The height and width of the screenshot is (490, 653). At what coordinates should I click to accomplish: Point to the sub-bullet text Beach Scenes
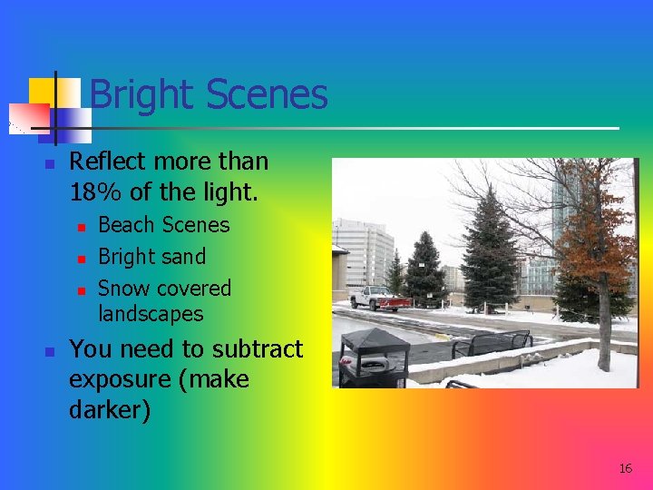click(x=163, y=224)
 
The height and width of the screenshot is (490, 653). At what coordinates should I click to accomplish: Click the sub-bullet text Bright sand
click(x=151, y=257)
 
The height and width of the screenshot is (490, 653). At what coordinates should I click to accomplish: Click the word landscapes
click(x=151, y=314)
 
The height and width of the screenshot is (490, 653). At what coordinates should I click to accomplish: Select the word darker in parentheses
click(x=106, y=409)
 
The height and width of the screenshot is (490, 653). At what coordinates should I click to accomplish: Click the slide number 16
click(x=625, y=468)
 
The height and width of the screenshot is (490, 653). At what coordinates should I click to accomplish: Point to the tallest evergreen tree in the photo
click(x=490, y=250)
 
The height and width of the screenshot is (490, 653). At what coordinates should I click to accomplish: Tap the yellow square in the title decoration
click(x=43, y=92)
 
